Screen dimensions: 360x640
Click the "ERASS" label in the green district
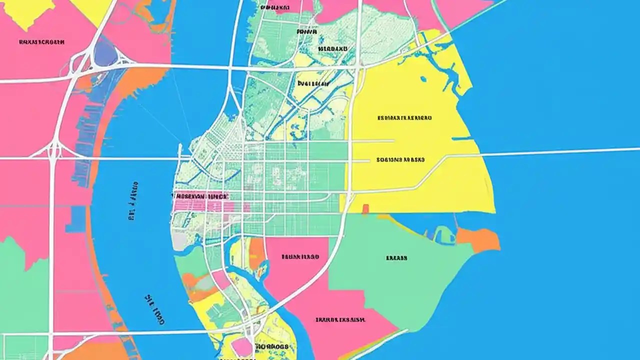pyautogui.click(x=396, y=258)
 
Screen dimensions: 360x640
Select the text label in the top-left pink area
pyautogui.click(x=41, y=42)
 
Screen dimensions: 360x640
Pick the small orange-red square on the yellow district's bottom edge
pyautogui.click(x=365, y=208)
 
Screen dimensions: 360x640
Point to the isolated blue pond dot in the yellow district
pyautogui.click(x=423, y=78)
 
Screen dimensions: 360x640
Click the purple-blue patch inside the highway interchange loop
pyautogui.click(x=105, y=55)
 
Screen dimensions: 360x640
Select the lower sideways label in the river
pyautogui.click(x=154, y=310)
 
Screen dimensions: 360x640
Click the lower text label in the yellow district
pyautogui.click(x=400, y=160)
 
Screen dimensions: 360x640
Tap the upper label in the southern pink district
pyautogui.click(x=300, y=257)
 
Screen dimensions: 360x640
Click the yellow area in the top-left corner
pyautogui.click(x=27, y=10)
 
